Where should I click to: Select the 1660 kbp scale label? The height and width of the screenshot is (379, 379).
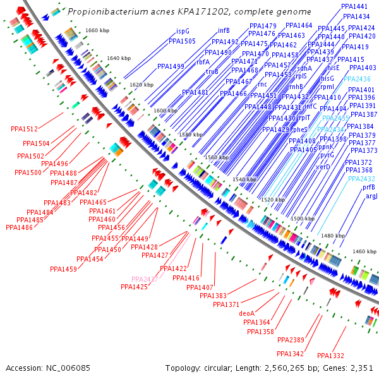pos(97,30)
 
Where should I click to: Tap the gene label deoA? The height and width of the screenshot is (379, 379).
pos(246,313)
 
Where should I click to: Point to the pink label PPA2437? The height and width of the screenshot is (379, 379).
pos(145,279)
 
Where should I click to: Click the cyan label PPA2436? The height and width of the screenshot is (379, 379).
pos(358,79)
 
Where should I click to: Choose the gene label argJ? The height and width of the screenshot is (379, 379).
pos(371,196)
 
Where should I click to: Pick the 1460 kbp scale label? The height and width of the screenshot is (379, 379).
pos(364,251)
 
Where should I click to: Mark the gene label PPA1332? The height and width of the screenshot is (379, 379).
pos(330,356)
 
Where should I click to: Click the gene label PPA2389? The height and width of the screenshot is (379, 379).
pos(291,340)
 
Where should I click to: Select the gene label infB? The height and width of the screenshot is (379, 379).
pos(224,30)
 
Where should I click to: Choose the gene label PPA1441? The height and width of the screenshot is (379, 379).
pos(354,6)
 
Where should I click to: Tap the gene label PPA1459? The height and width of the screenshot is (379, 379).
pos(63,269)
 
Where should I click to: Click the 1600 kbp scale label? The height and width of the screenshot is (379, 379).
pos(165,111)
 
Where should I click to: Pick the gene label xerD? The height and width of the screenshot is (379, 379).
pos(323,167)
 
